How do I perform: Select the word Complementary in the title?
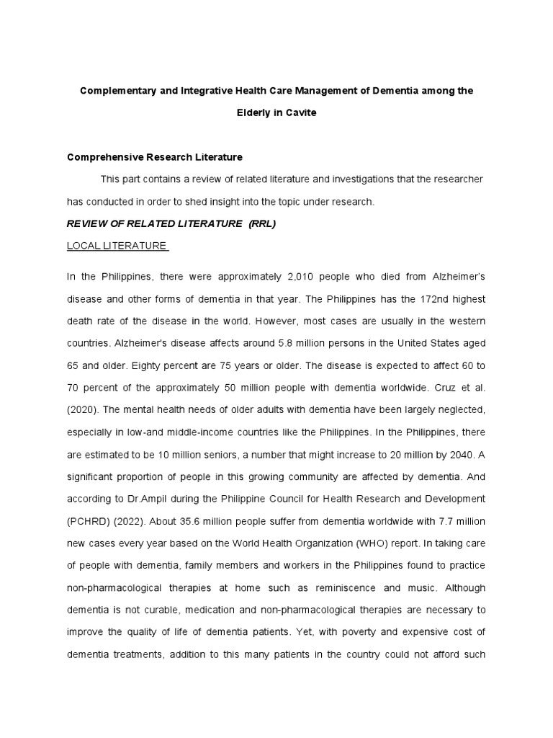[x=120, y=91]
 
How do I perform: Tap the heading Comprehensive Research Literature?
[x=155, y=156]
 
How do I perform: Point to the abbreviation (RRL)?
[x=262, y=223]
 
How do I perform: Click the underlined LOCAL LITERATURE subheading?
[x=117, y=246]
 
